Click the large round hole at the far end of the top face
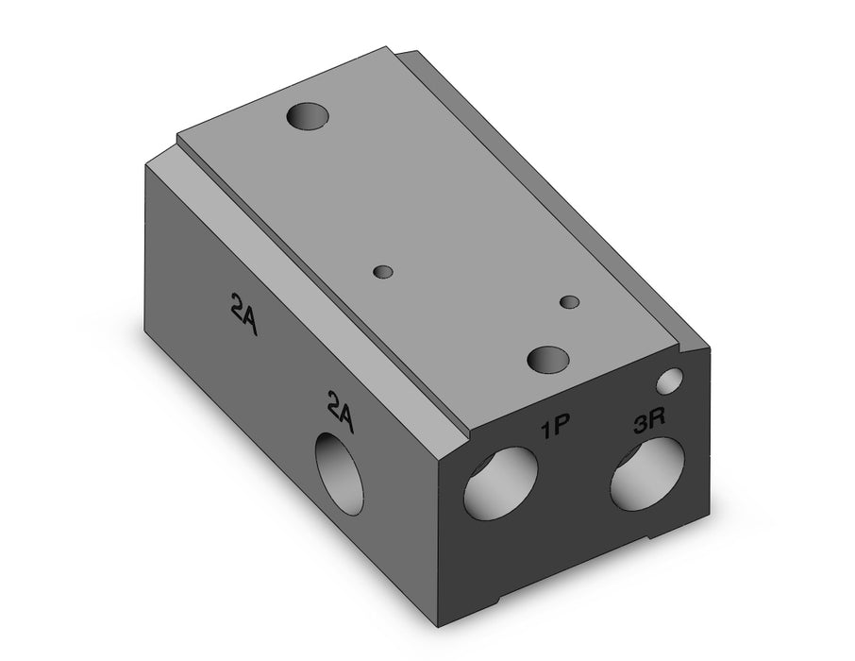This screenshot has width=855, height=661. (308, 116)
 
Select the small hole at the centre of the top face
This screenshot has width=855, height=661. (383, 272)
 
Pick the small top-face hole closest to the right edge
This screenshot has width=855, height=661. (570, 302)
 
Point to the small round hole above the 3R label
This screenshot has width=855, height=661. (670, 381)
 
